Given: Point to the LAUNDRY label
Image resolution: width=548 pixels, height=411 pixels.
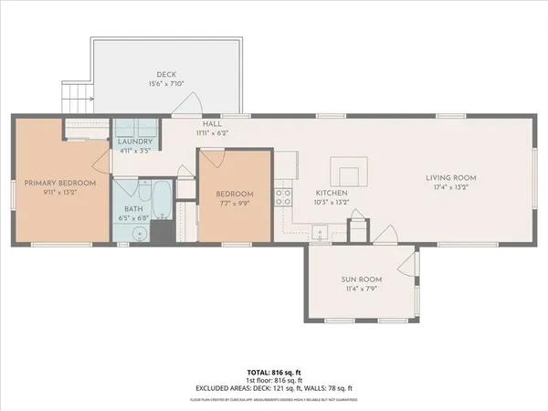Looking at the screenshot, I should (134, 142).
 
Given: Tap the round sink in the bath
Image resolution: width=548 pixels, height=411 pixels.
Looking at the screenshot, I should (139, 233).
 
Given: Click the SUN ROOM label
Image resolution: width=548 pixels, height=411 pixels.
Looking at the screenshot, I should (364, 279).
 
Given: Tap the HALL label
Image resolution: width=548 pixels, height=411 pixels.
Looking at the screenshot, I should (213, 122).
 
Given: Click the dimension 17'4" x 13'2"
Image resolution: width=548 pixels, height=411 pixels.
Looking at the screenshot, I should (452, 189).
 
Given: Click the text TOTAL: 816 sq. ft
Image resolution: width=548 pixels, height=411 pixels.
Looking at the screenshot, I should (274, 373).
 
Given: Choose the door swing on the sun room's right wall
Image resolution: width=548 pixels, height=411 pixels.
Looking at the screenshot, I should (407, 266).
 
